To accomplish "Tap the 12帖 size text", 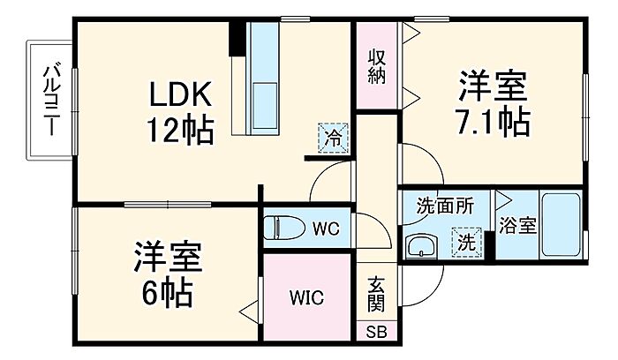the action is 180,131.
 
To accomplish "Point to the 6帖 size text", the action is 168,294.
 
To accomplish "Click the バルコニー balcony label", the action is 51,98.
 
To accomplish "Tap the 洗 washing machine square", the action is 465,240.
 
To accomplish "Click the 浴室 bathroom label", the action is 517,226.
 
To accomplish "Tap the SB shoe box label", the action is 377,333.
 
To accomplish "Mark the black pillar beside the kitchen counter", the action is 237,37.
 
